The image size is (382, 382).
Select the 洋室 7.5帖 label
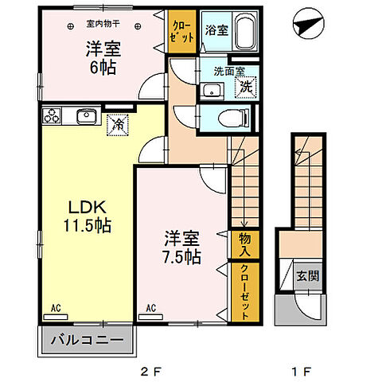point(182,247)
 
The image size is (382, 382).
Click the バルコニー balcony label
point(87,340)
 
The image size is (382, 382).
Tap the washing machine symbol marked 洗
point(247,87)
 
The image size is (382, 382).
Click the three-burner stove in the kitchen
point(53,117)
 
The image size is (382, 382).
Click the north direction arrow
point(306,25)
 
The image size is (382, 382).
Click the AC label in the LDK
point(57,306)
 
